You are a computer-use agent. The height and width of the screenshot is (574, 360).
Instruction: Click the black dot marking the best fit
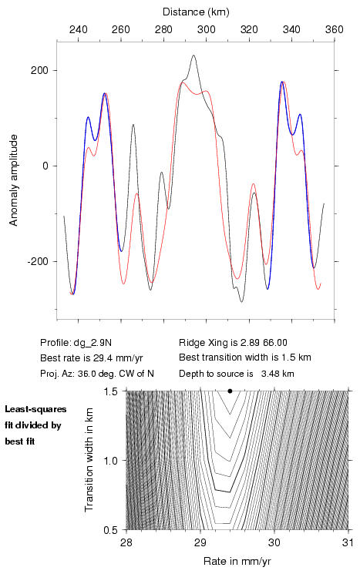(230, 391)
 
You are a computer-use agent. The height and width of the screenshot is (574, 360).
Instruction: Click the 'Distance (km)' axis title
(196, 12)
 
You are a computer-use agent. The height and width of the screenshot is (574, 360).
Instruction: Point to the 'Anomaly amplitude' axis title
(14, 180)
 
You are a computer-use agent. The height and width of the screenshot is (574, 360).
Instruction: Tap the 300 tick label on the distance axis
(206, 29)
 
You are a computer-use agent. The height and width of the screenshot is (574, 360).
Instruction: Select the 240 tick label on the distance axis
(78, 29)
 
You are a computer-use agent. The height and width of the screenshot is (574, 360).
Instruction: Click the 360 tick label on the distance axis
(335, 29)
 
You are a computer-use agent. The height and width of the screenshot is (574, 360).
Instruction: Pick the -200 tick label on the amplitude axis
(37, 261)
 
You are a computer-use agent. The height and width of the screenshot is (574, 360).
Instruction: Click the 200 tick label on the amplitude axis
(39, 70)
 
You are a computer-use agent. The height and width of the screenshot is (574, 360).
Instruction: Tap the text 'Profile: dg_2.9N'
(76, 343)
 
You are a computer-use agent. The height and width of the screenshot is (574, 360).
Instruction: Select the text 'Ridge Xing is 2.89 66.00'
(233, 343)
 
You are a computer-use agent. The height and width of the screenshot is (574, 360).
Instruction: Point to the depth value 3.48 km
(278, 374)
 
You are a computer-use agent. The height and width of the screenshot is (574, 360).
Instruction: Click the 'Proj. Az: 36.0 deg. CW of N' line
(97, 374)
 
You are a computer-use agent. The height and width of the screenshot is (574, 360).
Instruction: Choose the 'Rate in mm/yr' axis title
(237, 561)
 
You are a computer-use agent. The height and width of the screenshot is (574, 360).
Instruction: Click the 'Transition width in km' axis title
(89, 460)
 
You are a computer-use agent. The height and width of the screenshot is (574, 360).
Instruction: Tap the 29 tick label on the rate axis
(200, 542)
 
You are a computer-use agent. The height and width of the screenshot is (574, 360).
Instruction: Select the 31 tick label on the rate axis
(348, 542)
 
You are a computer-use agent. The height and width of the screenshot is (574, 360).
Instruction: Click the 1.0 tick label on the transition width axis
(110, 461)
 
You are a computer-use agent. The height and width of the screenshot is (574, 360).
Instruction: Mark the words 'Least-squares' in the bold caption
(35, 409)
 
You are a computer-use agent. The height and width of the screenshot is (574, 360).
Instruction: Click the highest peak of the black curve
(193, 55)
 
